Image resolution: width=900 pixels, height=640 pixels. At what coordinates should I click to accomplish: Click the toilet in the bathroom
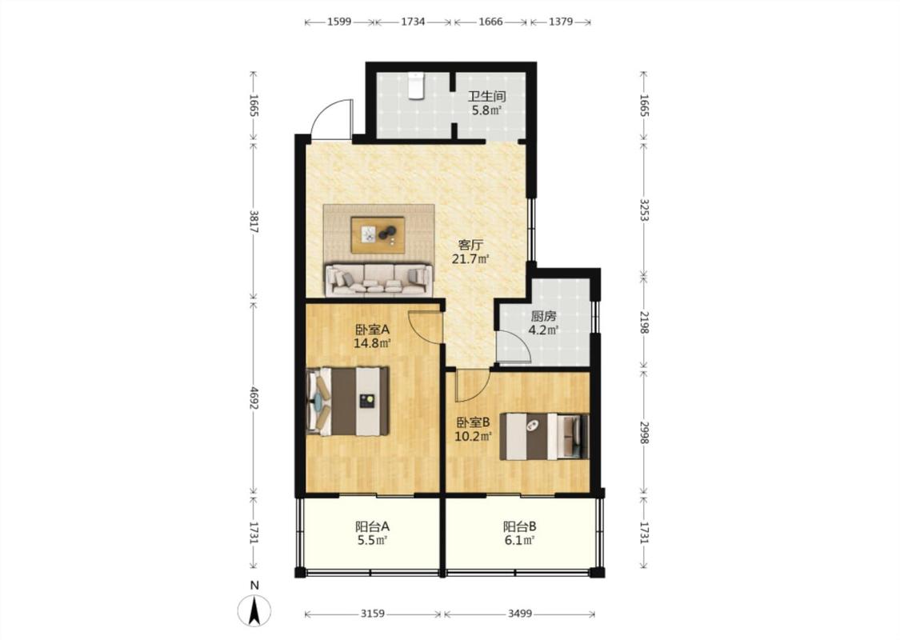415,86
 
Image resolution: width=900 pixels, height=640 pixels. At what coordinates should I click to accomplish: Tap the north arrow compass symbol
255,610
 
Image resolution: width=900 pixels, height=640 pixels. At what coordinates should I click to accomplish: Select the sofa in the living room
379,280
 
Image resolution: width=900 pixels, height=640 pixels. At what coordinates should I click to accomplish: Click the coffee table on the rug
378,234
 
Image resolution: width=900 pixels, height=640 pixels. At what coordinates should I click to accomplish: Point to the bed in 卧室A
348,401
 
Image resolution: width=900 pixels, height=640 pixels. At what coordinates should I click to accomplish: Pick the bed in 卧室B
544,436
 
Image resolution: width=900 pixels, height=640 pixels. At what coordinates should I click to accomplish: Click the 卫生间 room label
486,97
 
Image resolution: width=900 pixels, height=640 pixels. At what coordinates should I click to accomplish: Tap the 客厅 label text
470,245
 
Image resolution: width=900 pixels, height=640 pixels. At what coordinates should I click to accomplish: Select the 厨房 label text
543,316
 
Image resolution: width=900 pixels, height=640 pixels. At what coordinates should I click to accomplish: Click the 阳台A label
373,526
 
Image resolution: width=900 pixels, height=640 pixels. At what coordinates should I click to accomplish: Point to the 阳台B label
519,526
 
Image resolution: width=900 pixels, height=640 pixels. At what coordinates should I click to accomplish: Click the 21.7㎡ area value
470,259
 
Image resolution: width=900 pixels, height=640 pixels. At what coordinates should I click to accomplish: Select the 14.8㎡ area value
372,344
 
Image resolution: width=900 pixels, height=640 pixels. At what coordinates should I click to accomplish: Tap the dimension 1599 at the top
339,22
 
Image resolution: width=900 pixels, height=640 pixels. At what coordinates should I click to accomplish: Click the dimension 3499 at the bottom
520,614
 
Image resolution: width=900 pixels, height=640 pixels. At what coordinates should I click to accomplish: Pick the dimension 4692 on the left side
254,398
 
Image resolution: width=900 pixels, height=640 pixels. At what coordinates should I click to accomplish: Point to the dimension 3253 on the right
644,211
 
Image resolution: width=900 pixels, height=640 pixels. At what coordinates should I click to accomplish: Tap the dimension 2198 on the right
644,322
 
